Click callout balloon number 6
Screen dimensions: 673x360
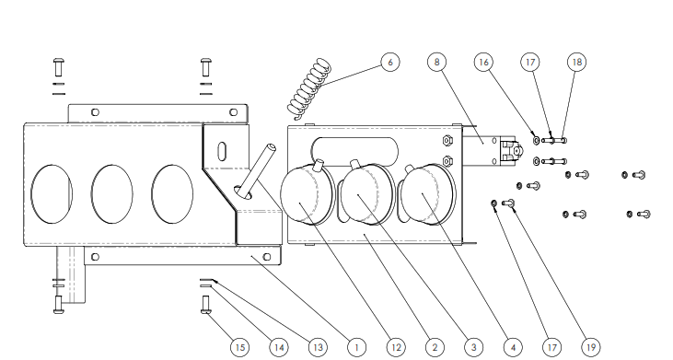(x=389, y=63)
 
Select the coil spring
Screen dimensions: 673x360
(x=310, y=88)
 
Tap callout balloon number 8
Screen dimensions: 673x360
(x=436, y=63)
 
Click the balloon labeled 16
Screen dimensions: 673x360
(x=483, y=63)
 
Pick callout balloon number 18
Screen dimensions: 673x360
(x=577, y=63)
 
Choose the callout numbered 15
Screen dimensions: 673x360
(x=240, y=347)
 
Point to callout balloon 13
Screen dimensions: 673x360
(x=318, y=347)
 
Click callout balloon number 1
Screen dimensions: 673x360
(x=356, y=347)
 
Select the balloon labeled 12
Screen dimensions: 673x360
(x=396, y=347)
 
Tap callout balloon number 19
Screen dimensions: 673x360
(x=590, y=347)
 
